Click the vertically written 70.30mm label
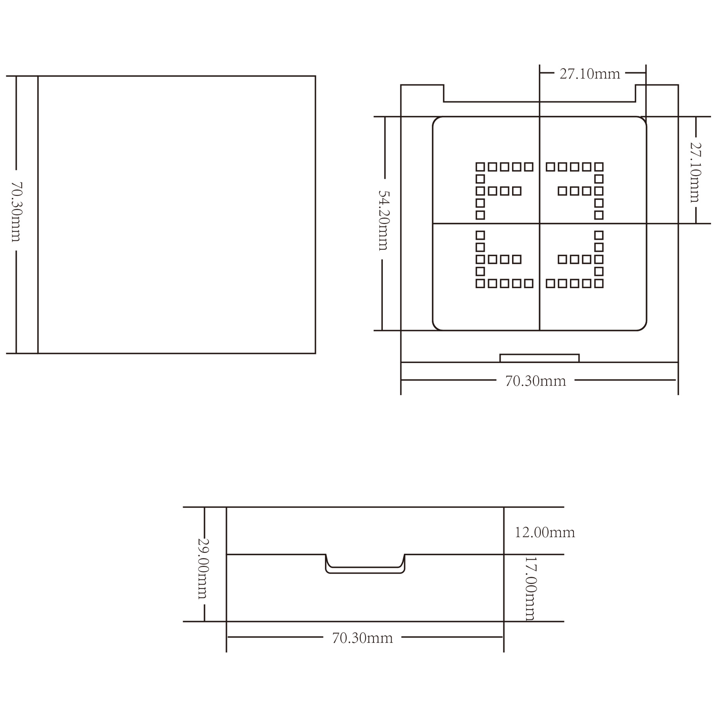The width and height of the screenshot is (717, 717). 16,212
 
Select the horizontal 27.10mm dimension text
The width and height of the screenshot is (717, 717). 590,74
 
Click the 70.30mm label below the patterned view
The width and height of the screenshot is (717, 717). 535,381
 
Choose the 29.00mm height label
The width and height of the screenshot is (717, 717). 203,568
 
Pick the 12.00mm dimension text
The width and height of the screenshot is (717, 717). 545,532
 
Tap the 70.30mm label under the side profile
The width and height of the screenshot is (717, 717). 362,638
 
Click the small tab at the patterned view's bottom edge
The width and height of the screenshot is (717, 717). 539,358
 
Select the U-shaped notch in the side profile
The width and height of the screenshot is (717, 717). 365,572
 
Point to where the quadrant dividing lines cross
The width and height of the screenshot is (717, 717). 539,224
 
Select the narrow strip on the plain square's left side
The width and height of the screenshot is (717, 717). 27,214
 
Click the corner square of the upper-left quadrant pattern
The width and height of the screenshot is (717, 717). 480,167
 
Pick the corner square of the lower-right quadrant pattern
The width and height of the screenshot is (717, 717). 599,283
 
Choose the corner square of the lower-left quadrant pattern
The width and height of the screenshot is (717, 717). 480,283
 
